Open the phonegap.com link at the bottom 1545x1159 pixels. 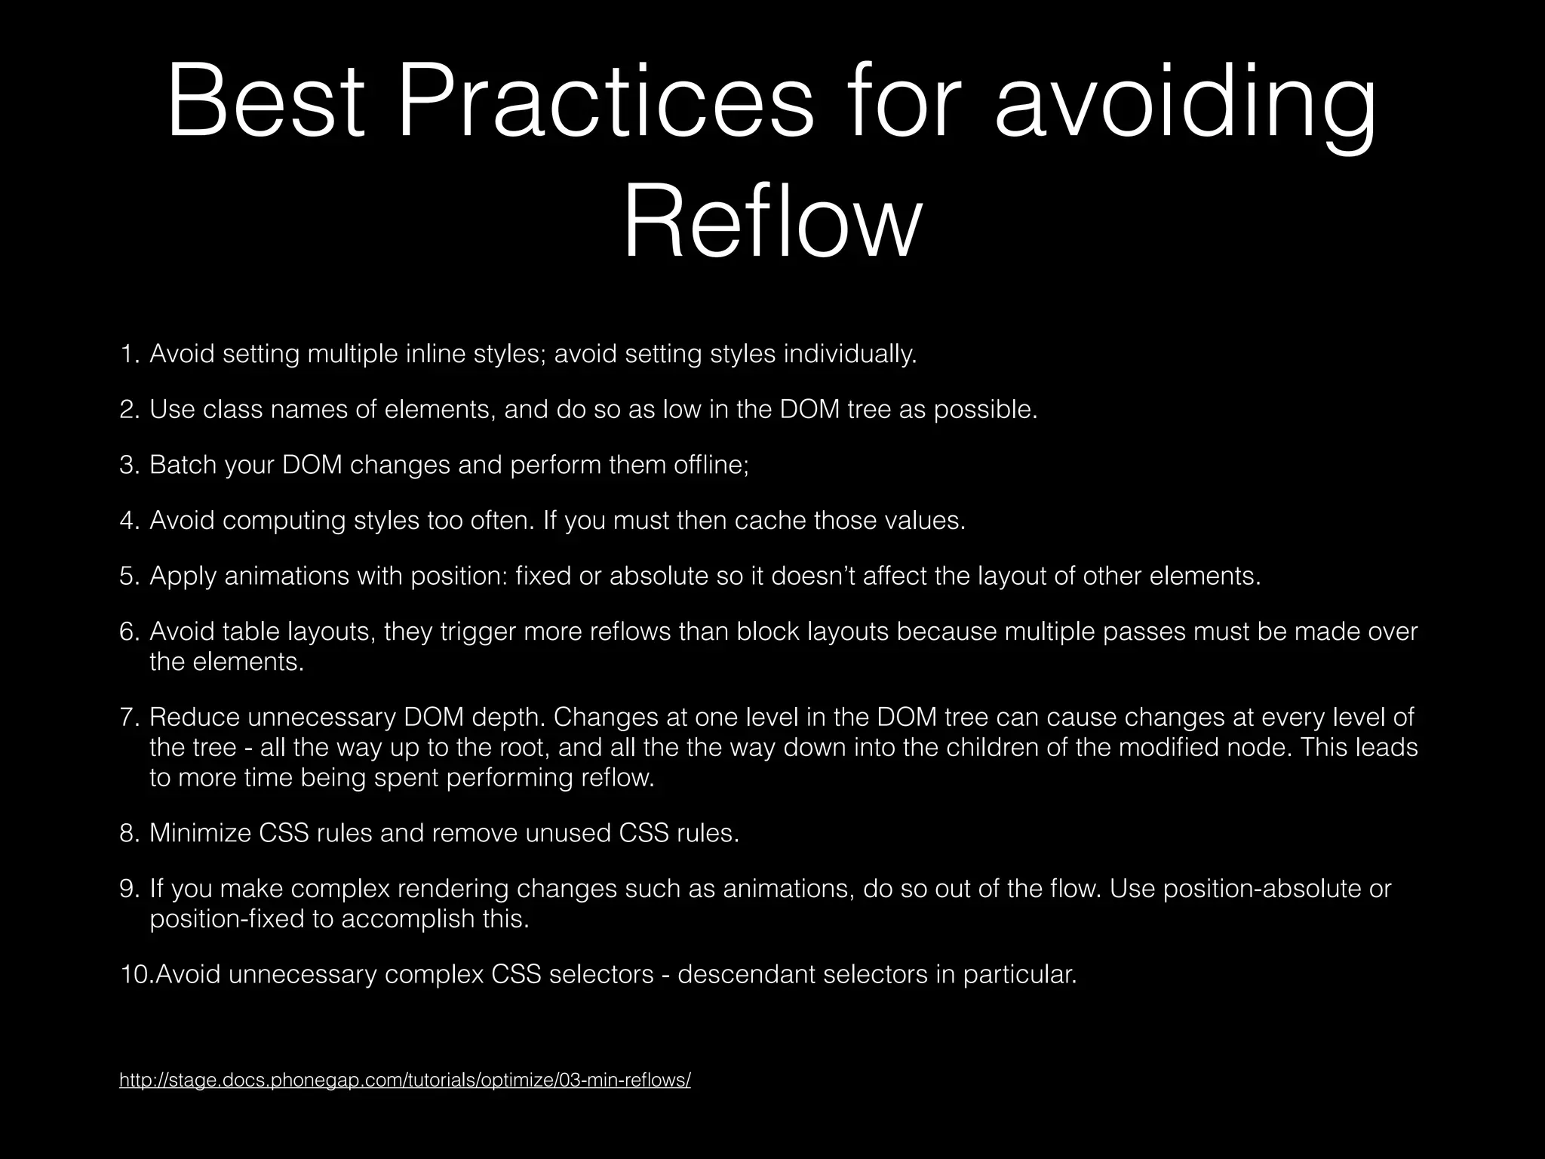coord(405,1081)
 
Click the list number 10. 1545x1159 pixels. coord(135,975)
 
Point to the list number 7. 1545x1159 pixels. coord(128,716)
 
